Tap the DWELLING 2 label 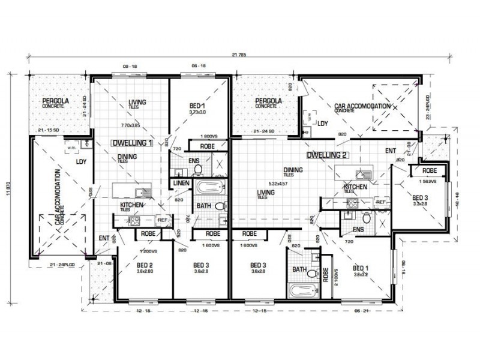click(328, 155)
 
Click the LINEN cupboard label click(181, 183)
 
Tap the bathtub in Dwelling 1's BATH click(209, 186)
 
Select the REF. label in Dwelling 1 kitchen click(161, 219)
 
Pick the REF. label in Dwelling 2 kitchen click(381, 202)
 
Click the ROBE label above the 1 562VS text click(428, 171)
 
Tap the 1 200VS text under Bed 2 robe click(147, 251)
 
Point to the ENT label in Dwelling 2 click(391, 151)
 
